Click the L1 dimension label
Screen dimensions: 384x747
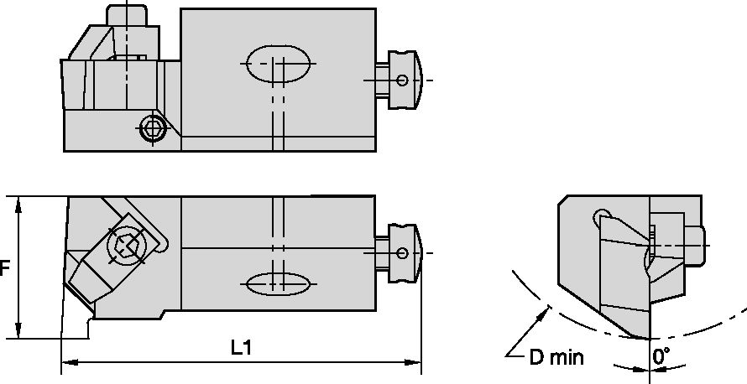242,347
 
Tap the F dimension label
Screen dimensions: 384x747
5,268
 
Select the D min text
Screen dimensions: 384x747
556,358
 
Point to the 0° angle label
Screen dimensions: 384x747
662,355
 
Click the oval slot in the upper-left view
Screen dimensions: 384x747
279,63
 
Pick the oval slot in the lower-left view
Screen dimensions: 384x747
279,283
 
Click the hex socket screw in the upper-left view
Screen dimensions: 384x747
151,128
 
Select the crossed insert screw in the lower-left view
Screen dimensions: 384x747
127,246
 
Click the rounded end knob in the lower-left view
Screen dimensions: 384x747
404,253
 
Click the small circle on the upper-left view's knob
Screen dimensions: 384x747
404,80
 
